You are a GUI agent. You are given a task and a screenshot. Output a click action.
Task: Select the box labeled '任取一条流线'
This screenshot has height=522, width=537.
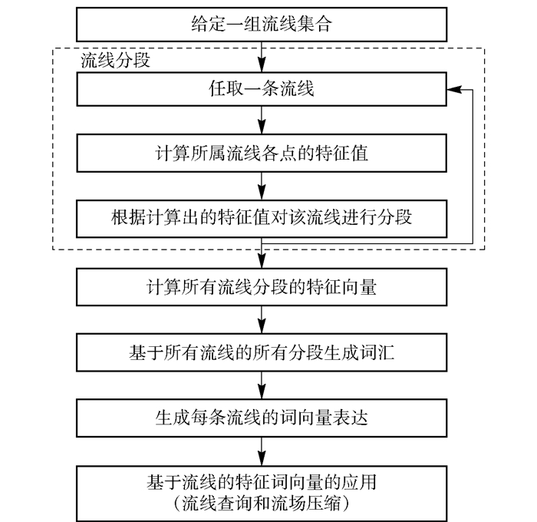tap(262, 91)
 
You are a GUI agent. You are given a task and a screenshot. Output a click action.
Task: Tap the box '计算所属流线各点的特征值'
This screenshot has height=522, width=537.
tap(262, 153)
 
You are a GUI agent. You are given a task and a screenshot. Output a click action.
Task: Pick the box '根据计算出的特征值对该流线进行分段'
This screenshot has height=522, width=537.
tap(262, 216)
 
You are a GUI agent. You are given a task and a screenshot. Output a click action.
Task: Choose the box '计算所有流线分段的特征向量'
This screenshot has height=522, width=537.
tap(262, 289)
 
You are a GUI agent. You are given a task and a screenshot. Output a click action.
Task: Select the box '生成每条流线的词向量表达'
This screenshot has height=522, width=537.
tap(262, 419)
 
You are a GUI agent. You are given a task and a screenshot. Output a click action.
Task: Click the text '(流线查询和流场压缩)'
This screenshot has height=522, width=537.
tap(262, 504)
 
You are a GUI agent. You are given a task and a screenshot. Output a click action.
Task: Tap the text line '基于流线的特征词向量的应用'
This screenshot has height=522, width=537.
tap(262, 484)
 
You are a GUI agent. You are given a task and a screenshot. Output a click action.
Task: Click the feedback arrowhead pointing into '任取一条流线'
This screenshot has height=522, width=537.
tap(454, 91)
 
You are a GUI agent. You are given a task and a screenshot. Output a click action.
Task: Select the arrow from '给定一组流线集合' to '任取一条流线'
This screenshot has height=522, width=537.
tap(262, 57)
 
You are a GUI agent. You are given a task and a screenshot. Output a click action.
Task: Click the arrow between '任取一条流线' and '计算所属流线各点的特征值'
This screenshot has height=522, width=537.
tap(262, 121)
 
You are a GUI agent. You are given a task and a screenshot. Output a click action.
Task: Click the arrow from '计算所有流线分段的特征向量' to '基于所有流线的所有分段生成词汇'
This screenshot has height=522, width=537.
tap(262, 321)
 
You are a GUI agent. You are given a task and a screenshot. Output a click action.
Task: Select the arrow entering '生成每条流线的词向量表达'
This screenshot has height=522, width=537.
tap(262, 386)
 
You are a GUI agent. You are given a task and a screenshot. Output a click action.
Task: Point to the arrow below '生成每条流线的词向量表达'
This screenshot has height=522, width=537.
tap(262, 451)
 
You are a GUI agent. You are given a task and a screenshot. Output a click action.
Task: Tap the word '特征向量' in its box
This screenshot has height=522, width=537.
tap(345, 289)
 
